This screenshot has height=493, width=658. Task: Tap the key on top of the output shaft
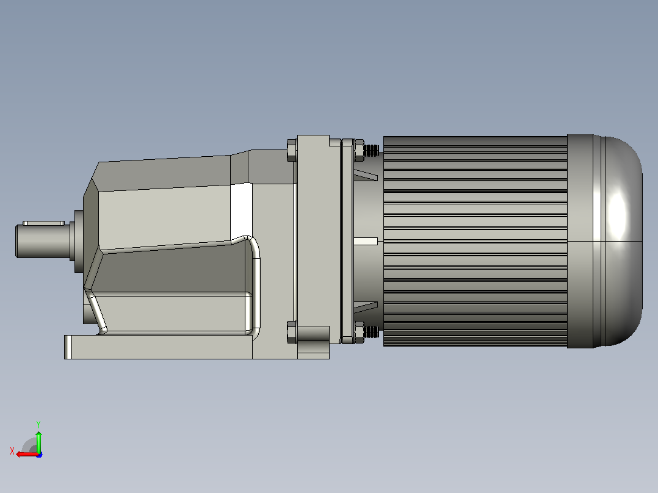pos(44,223)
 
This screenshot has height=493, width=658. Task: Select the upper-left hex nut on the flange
pos(292,150)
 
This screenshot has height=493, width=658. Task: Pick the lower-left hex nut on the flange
pos(292,332)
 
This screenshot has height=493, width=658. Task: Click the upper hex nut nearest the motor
pos(359,150)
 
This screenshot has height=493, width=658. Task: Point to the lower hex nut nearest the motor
pos(359,333)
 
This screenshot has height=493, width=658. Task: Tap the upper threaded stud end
pos(372,150)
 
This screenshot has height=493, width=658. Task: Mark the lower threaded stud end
pos(372,333)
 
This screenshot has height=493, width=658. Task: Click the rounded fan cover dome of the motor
pos(618,241)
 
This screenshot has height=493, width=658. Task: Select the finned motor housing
pos(475,241)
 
